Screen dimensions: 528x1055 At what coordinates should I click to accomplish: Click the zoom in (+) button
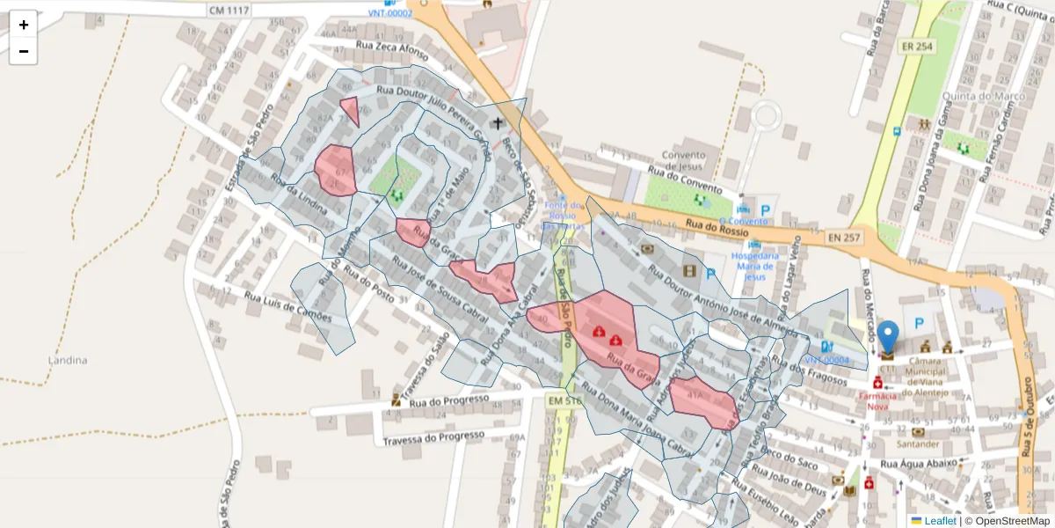24,25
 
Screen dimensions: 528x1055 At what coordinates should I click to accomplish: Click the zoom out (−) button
24,52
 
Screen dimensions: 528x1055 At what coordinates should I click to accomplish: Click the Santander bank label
918,444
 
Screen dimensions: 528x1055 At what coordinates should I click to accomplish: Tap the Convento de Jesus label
683,160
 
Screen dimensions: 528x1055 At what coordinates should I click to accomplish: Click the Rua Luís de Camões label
288,308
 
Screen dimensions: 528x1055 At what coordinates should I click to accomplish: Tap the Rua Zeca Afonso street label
392,47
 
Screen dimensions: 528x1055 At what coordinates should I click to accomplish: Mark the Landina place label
68,360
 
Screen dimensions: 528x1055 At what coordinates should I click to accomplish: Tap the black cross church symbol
499,123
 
